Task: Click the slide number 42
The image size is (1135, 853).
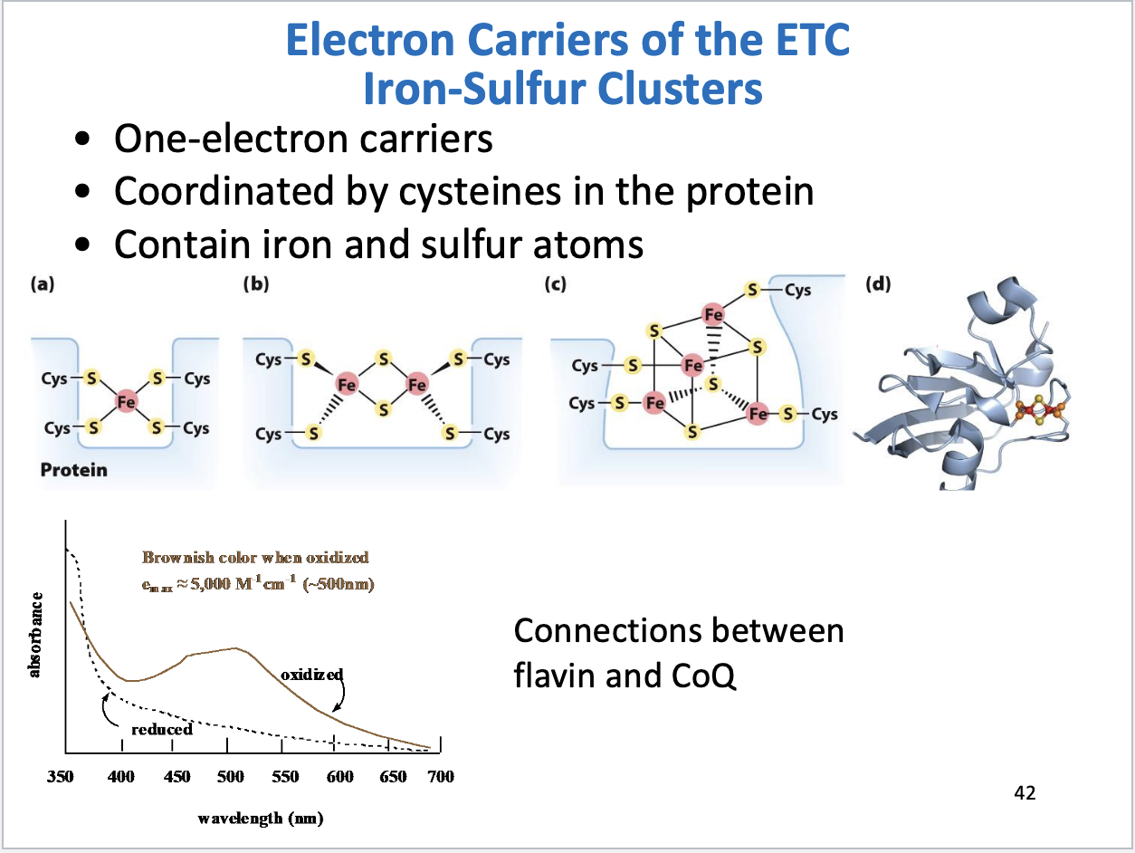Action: click(1025, 793)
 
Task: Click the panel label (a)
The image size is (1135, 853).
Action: click(42, 284)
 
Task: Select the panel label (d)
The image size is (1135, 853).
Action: click(877, 284)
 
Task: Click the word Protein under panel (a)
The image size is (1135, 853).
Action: click(73, 469)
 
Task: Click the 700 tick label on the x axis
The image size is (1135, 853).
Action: click(441, 776)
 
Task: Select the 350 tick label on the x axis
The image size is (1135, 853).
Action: click(60, 776)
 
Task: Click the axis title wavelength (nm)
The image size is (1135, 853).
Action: click(261, 819)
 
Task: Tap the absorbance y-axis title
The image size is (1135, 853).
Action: click(35, 634)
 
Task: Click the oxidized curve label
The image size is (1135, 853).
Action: click(311, 675)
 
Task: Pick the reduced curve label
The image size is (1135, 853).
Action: click(162, 729)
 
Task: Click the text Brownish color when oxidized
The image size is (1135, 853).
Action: click(255, 557)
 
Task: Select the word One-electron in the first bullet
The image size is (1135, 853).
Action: click(212, 139)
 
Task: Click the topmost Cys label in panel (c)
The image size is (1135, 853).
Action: click(797, 290)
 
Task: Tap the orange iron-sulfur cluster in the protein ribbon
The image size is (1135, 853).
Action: click(1040, 412)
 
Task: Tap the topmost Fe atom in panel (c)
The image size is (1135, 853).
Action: click(714, 314)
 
